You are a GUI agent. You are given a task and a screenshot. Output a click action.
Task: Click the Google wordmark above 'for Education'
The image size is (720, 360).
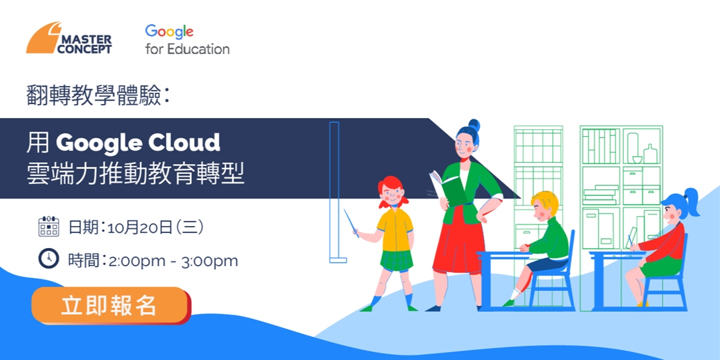coord(169,31)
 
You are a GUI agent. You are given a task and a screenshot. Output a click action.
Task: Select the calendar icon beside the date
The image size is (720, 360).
coord(49,227)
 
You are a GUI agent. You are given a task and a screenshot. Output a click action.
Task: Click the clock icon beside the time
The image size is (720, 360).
coord(49,259)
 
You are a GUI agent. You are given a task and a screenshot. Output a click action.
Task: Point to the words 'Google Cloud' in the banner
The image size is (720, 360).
coord(138,142)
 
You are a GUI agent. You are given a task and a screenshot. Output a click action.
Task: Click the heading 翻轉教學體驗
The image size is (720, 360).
coord(94,96)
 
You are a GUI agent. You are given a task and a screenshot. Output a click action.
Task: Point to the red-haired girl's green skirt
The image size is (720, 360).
coord(396,259)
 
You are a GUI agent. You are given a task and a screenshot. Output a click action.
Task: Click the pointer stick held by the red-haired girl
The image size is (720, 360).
coord(351,223)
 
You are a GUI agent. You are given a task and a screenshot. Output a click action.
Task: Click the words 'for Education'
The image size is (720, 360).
coord(187,49)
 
